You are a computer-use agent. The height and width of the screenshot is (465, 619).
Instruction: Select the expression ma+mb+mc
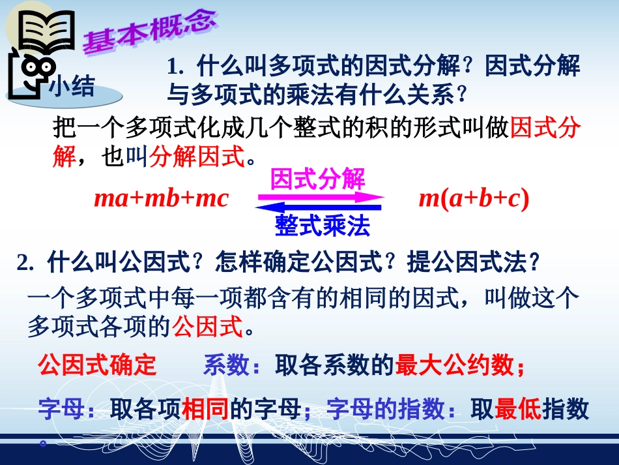[161, 198]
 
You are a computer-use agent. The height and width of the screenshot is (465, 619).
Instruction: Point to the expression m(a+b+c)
[473, 198]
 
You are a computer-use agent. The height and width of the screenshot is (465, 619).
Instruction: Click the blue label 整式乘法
[323, 226]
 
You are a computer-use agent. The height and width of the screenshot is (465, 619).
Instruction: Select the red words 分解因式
[195, 157]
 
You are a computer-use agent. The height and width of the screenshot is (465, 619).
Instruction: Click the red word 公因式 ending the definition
[207, 325]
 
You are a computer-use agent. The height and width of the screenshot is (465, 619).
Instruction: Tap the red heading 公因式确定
[98, 366]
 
